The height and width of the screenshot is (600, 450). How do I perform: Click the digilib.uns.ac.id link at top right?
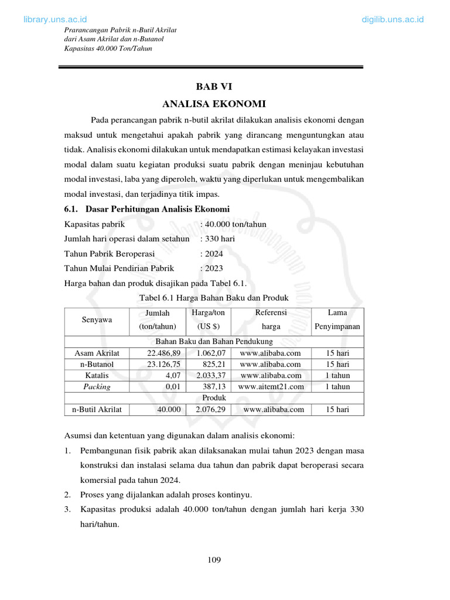(393, 20)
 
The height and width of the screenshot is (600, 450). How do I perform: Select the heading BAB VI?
(214, 87)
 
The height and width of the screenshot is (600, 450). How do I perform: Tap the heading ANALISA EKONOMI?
(214, 104)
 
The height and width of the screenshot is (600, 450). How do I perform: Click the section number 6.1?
(71, 209)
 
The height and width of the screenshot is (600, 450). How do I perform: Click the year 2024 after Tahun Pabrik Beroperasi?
(213, 254)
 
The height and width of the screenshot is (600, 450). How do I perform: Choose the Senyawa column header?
(96, 319)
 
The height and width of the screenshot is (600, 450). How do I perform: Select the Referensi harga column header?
(271, 319)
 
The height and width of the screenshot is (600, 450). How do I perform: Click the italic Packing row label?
(97, 387)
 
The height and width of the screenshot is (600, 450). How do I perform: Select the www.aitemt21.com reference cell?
(271, 387)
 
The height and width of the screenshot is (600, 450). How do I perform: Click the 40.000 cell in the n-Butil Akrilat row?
(168, 410)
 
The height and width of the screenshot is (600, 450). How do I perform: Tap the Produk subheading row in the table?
(214, 398)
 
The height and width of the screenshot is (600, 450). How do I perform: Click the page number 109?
(214, 560)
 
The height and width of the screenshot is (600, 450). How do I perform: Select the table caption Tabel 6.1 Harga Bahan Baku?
(214, 299)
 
